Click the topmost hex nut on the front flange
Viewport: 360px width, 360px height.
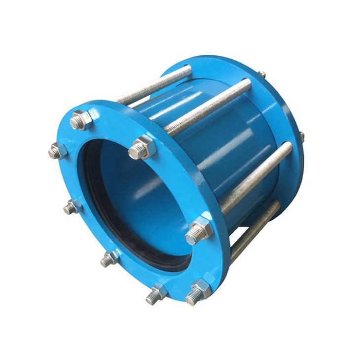click(82, 120)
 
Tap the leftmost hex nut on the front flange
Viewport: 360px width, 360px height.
click(58, 151)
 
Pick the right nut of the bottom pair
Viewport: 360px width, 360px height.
click(199, 291)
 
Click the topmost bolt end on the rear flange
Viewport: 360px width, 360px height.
click(262, 74)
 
